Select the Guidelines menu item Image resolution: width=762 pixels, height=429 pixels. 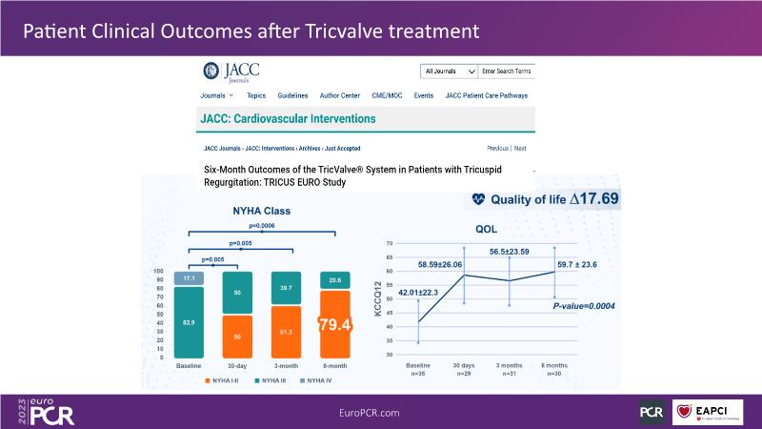click(x=292, y=96)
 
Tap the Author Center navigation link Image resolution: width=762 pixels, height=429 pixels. click(x=338, y=96)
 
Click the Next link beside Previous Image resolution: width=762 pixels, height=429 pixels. click(x=520, y=149)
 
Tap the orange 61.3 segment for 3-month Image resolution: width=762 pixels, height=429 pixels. click(x=283, y=332)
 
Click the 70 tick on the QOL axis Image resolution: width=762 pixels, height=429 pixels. click(x=390, y=244)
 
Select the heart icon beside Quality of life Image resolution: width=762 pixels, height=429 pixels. click(x=478, y=200)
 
